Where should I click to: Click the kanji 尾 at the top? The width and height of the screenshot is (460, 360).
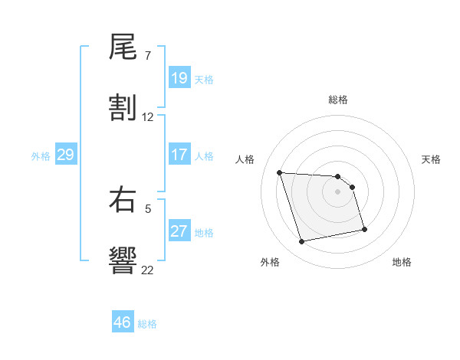tap(123, 49)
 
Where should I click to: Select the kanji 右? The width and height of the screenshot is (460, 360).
tap(123, 201)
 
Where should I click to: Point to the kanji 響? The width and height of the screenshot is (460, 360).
tap(123, 260)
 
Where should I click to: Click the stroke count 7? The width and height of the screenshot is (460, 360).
tap(148, 56)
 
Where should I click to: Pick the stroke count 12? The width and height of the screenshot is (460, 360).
tap(148, 117)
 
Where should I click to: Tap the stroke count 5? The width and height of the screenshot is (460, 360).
tap(148, 207)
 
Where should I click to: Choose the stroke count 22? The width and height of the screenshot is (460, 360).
tap(148, 270)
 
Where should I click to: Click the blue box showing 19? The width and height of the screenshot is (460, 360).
tap(179, 79)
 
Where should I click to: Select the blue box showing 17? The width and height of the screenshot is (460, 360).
tap(179, 155)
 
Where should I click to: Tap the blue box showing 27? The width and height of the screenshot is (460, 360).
tap(179, 232)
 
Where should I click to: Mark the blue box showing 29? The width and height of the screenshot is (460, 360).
tap(65, 155)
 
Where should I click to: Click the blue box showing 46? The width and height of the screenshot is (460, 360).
tap(123, 322)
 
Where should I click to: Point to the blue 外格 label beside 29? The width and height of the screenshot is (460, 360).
tap(41, 156)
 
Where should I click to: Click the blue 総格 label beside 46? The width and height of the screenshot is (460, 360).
tap(147, 324)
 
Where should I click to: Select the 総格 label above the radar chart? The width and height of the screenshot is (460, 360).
tap(338, 100)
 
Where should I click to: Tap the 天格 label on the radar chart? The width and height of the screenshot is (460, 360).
tap(432, 159)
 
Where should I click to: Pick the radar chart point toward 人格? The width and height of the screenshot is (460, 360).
tap(280, 172)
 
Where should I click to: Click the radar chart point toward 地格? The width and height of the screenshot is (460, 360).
tap(364, 229)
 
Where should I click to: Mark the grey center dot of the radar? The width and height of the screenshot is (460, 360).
tap(338, 191)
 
